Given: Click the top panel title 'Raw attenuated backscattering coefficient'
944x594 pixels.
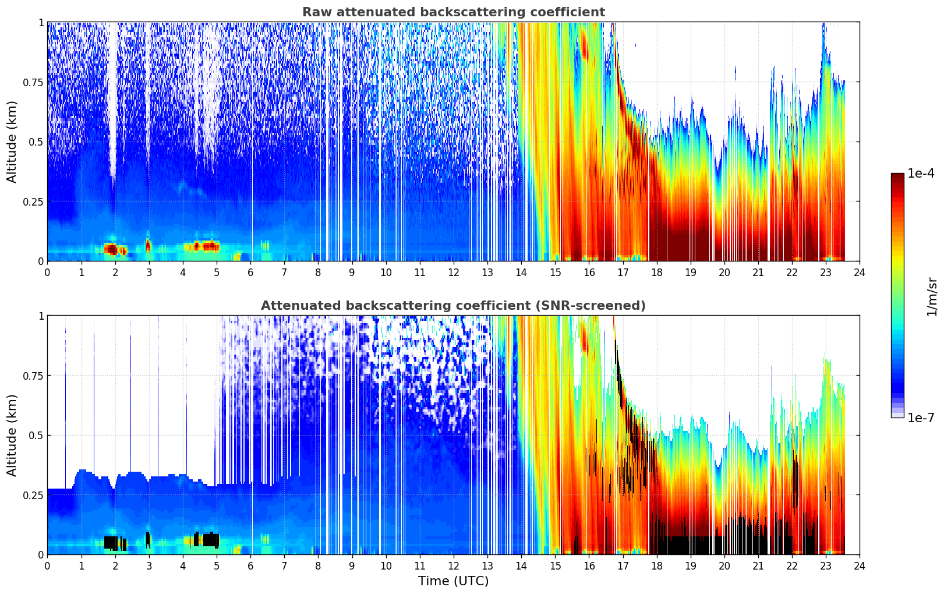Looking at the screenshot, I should (453, 12).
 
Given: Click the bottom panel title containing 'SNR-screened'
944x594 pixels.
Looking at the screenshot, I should (453, 306).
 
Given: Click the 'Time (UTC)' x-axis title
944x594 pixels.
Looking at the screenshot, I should (453, 581).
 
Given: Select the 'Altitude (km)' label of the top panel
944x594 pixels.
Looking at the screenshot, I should (12, 142).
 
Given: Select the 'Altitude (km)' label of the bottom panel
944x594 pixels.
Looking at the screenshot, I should (12, 435).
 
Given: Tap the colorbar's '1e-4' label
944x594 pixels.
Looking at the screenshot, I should (921, 174).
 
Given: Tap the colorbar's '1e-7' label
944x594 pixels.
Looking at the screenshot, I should (921, 418).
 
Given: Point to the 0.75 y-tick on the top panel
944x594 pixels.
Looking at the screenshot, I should (33, 82).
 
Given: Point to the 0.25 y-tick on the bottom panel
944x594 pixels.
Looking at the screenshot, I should (33, 495).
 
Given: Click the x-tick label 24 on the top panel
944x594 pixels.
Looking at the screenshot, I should (859, 272).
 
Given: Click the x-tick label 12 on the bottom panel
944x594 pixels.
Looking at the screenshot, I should (453, 565).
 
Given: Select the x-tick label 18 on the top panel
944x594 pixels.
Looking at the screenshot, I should (656, 272).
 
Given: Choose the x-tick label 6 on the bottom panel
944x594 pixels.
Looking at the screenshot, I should (250, 565).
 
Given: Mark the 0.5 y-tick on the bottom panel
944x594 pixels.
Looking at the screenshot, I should (37, 435).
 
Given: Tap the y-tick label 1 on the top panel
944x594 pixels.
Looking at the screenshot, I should (41, 22).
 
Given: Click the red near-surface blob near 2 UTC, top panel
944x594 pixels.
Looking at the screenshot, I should (111, 249).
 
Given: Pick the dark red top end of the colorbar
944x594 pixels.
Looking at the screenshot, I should (897, 176).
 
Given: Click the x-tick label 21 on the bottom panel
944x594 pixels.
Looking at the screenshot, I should (758, 565).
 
